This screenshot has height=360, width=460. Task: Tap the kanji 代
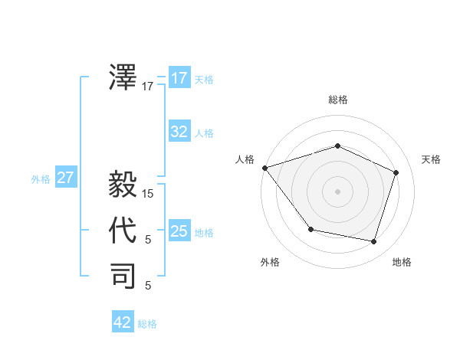coord(123,231)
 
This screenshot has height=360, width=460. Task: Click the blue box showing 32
coord(179,132)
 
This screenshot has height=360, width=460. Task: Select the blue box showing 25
coord(179,231)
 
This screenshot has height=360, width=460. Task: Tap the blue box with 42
coord(123,322)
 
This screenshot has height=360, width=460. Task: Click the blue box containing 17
coord(179,78)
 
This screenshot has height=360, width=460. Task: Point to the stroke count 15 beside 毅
coord(148,194)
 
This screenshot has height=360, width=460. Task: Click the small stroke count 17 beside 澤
coord(148,87)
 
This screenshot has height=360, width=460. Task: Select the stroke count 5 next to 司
coord(148,286)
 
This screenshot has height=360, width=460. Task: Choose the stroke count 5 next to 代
coord(148,240)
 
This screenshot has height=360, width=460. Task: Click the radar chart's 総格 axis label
coord(337,100)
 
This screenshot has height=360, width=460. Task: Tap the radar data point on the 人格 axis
coord(264,168)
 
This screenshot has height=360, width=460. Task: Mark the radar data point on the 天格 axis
coord(396,172)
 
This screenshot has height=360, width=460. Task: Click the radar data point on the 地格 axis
coord(373,241)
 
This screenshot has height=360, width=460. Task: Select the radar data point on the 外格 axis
coord(310,229)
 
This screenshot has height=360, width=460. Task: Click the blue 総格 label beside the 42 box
coord(147,324)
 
